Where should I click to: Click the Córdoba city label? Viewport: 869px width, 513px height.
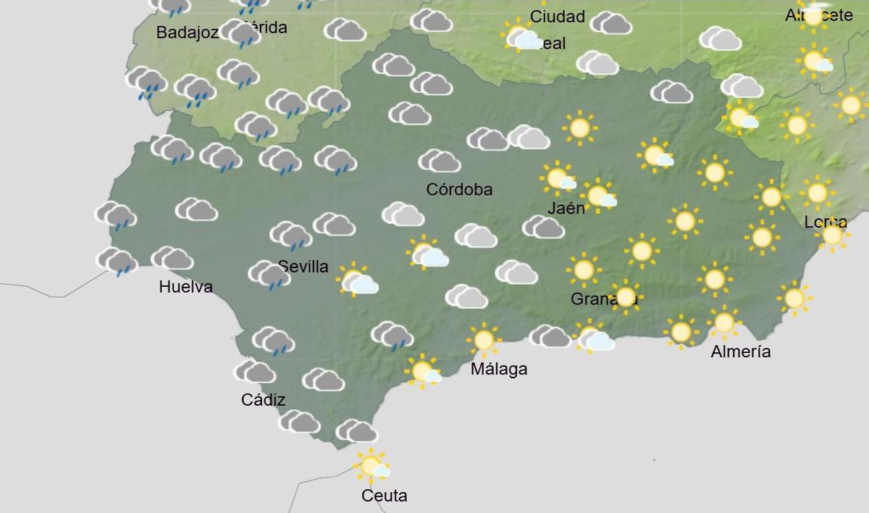459,190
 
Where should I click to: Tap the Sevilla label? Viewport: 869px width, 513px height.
303,267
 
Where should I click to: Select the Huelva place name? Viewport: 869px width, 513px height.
185,287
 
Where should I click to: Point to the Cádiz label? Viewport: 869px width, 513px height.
263,400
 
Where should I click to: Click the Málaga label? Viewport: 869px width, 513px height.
499,370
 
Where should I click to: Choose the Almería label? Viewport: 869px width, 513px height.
741,352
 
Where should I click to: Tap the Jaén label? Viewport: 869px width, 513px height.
566,209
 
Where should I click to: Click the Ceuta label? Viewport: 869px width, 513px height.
385,496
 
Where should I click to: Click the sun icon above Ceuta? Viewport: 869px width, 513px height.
371,465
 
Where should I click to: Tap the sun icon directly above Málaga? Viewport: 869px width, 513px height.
483,339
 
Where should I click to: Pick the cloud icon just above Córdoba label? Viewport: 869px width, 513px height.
440,160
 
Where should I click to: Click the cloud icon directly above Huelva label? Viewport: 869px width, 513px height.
172,258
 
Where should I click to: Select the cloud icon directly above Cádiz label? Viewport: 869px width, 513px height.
255,372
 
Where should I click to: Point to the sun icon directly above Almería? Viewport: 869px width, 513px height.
724,322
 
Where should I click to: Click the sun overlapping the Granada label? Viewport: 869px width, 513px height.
625,296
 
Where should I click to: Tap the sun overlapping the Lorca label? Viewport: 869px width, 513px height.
832,235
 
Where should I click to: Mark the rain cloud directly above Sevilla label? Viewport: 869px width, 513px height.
291,235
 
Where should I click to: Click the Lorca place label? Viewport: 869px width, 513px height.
825,222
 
